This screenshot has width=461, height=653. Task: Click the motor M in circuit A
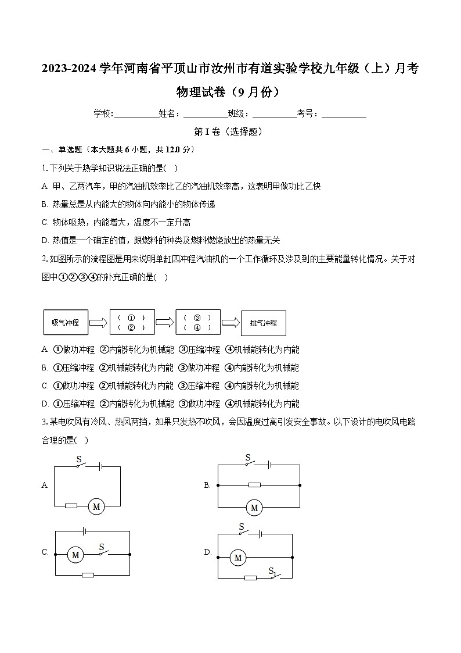tap(96, 507)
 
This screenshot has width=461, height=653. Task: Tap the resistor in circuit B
tap(254, 485)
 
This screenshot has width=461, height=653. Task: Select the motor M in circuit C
tap(75, 555)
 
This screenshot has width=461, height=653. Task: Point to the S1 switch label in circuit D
tap(272, 572)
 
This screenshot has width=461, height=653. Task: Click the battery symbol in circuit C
tap(85, 531)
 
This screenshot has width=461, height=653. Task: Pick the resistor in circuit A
tap(71, 506)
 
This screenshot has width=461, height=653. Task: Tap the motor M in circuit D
tap(237, 558)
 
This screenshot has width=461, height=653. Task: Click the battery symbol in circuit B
tap(269, 465)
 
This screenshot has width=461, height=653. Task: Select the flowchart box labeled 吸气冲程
tap(66, 323)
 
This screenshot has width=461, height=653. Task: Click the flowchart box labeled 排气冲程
tap(264, 323)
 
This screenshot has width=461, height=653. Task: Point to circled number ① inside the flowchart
tap(131, 317)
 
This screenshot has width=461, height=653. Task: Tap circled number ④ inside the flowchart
tap(197, 328)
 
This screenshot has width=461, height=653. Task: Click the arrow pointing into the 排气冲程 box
tap(230, 323)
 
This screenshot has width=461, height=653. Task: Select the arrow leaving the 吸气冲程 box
tap(99, 323)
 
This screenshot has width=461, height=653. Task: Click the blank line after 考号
tap(344, 115)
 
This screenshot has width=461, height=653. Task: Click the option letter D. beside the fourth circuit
tap(207, 552)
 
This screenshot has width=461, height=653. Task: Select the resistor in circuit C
tap(88, 575)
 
